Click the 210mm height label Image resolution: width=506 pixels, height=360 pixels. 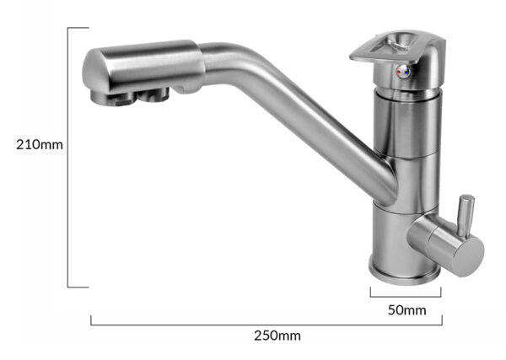[40, 145]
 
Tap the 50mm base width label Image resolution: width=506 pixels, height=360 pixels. [406, 310]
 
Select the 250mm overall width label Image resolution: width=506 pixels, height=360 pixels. [277, 336]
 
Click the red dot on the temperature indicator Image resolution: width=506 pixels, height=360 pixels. [400, 72]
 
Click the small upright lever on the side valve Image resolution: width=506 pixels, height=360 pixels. [466, 215]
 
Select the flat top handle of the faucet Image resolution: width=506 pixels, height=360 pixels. [397, 47]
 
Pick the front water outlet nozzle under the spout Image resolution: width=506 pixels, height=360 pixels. [112, 99]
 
